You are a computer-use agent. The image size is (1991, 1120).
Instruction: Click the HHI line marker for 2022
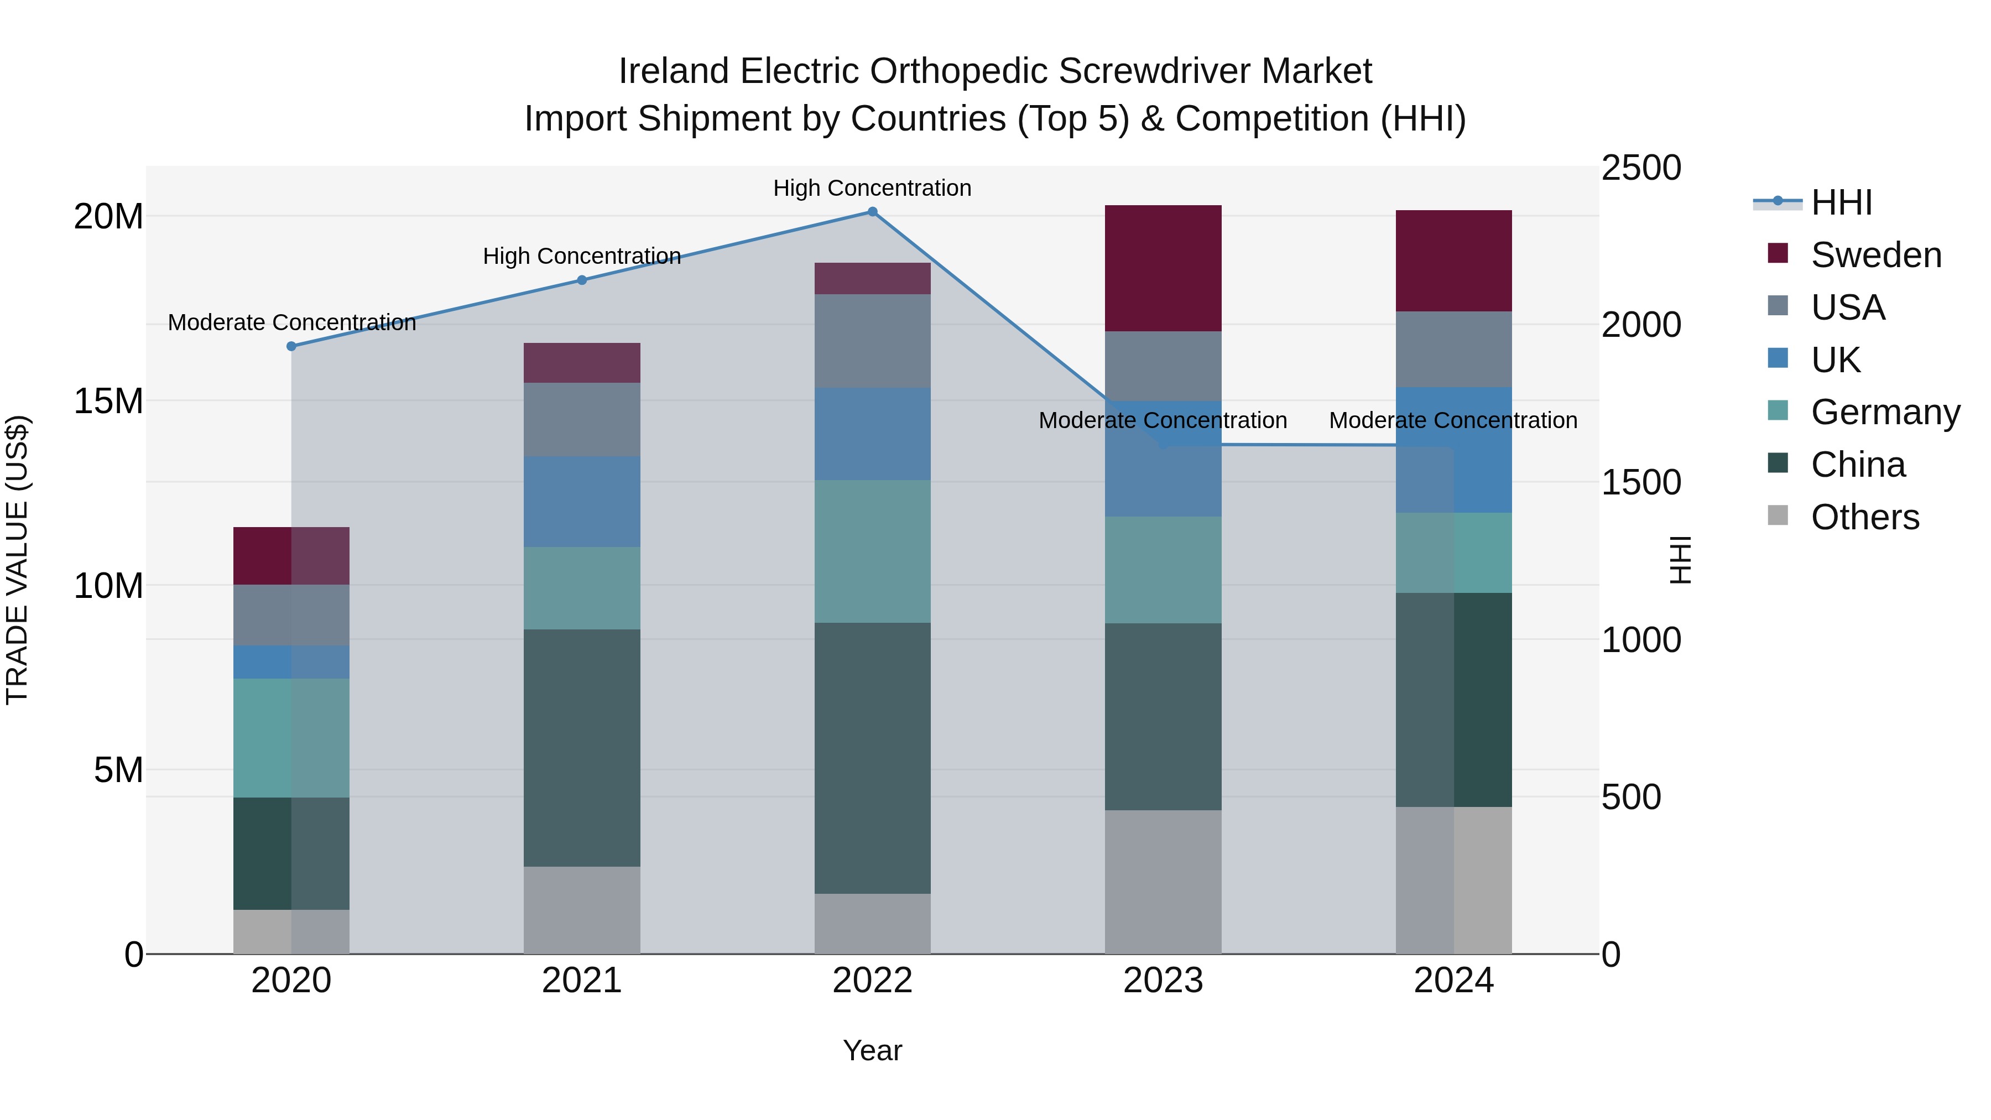click(x=872, y=212)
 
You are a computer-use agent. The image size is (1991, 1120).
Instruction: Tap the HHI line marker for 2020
click(x=291, y=346)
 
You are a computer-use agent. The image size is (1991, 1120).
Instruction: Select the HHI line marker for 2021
click(x=582, y=280)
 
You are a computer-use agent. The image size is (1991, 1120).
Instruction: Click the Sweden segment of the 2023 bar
click(x=1163, y=268)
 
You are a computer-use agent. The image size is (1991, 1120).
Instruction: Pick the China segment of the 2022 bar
click(x=872, y=758)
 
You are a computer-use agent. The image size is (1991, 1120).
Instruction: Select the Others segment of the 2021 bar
click(x=582, y=910)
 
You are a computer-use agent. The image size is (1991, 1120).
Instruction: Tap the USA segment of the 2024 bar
click(x=1453, y=350)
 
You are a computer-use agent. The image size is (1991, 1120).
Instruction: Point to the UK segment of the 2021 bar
click(x=582, y=502)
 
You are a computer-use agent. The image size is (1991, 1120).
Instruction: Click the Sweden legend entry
click(x=1876, y=255)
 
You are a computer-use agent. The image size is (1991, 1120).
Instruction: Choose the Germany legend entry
click(x=1885, y=412)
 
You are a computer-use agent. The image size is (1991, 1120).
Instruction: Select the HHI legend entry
click(x=1841, y=202)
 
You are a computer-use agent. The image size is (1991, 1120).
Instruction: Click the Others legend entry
click(x=1864, y=517)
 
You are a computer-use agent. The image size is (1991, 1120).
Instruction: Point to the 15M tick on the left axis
click(x=108, y=401)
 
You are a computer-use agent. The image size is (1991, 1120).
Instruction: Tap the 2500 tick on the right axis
click(x=1640, y=168)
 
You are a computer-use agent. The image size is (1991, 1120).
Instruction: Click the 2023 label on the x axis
click(x=1163, y=981)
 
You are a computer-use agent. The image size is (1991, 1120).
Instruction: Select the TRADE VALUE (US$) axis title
click(x=17, y=560)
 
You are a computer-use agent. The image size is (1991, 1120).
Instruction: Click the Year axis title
click(x=872, y=1050)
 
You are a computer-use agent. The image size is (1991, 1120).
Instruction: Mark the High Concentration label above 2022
click(x=872, y=188)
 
